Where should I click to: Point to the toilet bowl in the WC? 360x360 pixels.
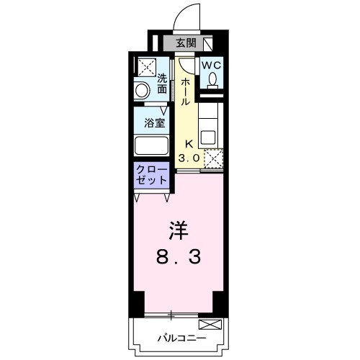[212, 80]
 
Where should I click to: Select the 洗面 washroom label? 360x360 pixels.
[163, 84]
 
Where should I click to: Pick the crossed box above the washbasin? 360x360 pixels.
[146, 67]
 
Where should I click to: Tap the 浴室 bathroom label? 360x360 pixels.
[156, 122]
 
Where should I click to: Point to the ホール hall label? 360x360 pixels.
[185, 91]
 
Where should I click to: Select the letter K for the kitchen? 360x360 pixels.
[191, 143]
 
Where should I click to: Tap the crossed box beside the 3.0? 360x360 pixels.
[213, 158]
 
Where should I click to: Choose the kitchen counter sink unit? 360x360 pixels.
[210, 128]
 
